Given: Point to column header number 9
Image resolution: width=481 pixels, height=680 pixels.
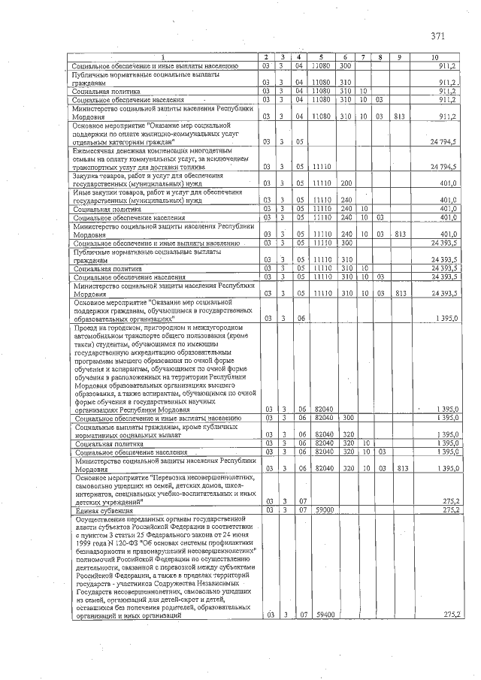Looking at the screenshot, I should pos(399,57).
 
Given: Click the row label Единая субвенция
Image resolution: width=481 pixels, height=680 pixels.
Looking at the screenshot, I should pos(105,510).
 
